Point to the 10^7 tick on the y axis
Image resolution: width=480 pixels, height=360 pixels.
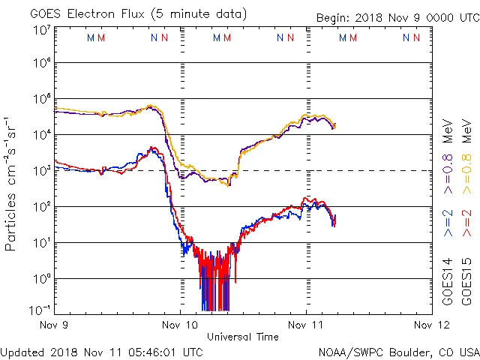pos(42,30)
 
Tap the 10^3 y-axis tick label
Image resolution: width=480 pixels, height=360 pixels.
pos(42,169)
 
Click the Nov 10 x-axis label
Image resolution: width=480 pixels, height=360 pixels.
pos(181,325)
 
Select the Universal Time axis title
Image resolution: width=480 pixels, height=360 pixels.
pos(243,337)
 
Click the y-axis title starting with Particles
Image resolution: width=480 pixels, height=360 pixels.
pos(12,184)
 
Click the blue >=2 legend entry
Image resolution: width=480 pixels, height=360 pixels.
pos(448,223)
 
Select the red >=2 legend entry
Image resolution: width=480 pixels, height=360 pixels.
pos(466,223)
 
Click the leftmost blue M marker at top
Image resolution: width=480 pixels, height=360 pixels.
pos(91,37)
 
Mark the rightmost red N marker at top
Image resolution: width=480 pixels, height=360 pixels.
pos(417,37)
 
